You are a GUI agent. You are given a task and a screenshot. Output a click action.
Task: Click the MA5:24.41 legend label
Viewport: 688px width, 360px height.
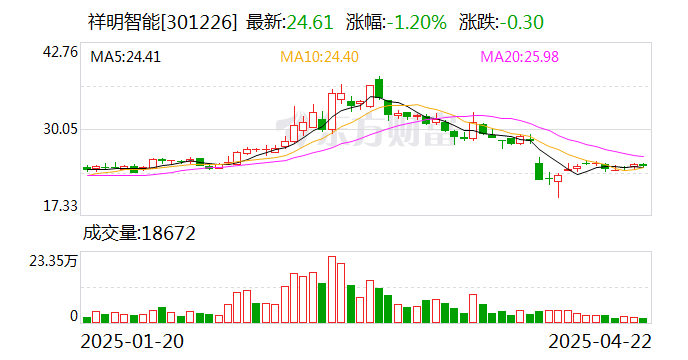[x=125, y=57]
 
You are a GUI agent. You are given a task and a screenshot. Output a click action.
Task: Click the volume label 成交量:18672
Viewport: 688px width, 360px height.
[x=138, y=234]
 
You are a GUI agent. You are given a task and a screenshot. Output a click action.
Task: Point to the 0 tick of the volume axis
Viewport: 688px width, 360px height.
[x=73, y=316]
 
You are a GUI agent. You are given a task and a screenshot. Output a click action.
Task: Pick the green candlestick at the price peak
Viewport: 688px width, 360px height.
[x=379, y=90]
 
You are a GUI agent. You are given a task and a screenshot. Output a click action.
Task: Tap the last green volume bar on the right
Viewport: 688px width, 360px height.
[x=644, y=320]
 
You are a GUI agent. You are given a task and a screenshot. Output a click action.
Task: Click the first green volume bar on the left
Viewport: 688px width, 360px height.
[x=87, y=320]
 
